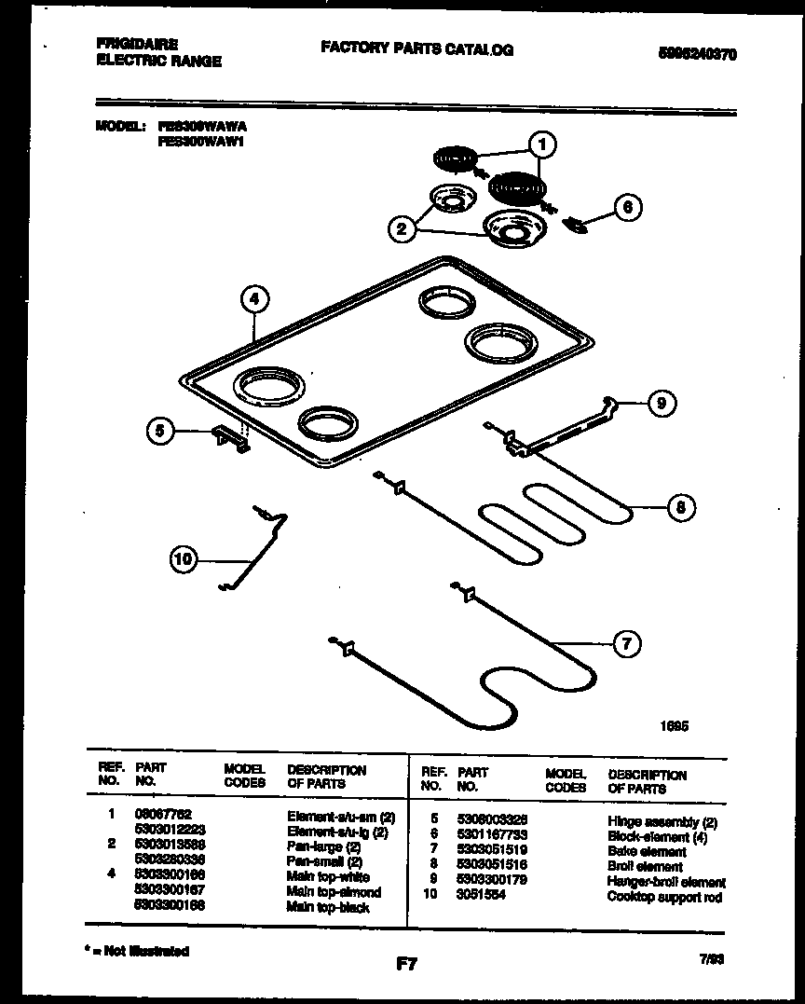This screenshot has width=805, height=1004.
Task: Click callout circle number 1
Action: tap(542, 144)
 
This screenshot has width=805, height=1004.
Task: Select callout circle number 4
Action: tap(254, 299)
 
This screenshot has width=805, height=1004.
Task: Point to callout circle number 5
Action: tap(160, 431)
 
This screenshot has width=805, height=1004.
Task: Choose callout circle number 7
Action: tap(627, 642)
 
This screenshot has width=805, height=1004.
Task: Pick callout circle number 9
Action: tap(662, 403)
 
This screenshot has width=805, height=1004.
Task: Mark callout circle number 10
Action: tap(184, 559)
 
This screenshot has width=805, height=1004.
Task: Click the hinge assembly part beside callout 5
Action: tap(231, 439)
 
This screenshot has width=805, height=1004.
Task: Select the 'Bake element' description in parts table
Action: tap(647, 852)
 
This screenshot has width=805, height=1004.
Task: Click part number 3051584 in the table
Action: tap(482, 897)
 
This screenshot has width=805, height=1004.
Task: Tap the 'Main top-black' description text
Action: tap(328, 907)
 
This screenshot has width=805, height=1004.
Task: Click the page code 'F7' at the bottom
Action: tap(406, 965)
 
